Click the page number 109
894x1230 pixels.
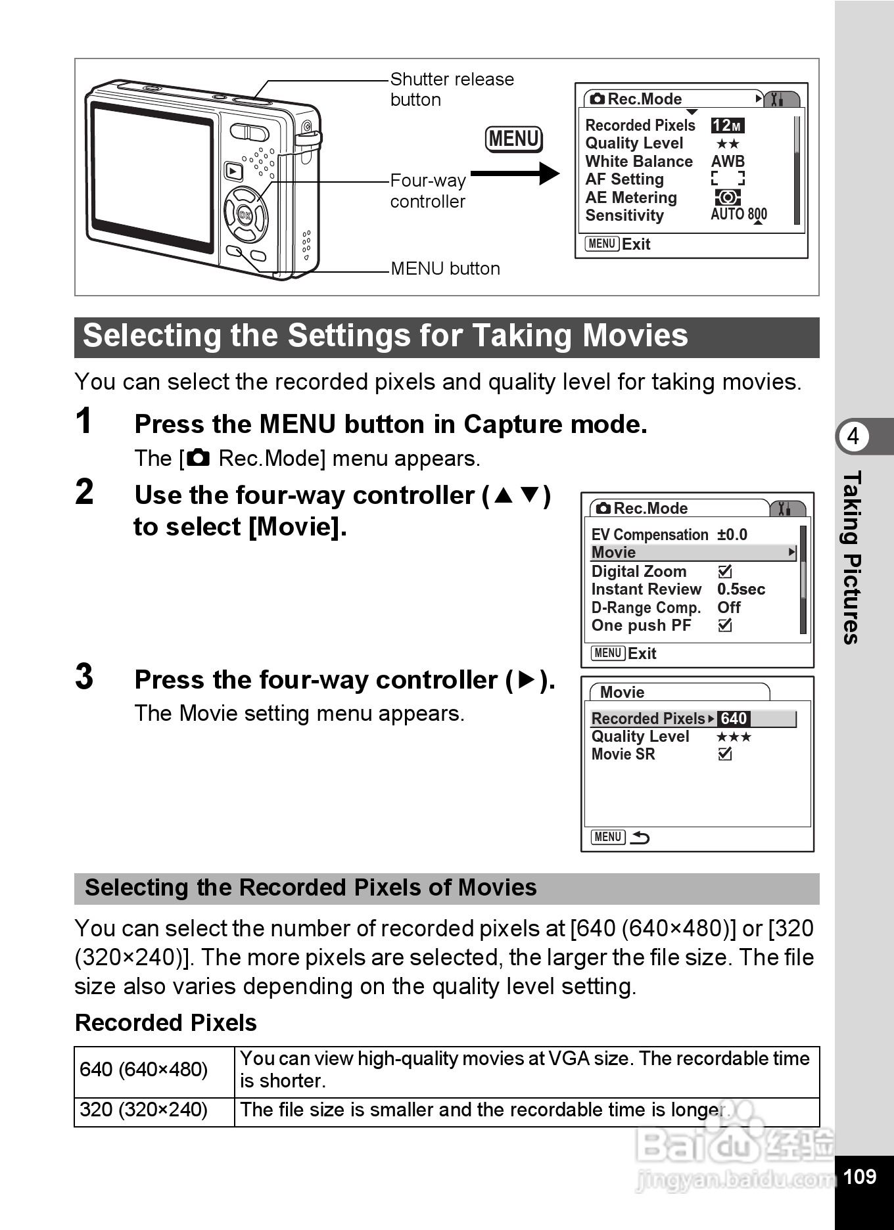click(859, 1176)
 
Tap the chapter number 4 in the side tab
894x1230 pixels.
click(853, 436)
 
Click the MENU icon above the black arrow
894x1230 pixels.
click(514, 139)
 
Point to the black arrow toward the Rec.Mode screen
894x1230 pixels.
click(515, 173)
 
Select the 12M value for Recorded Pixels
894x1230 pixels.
click(727, 125)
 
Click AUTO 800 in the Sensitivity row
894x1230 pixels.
click(739, 214)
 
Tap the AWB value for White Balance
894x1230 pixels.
click(728, 162)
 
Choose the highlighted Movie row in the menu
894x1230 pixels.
click(693, 553)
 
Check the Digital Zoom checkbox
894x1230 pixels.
click(725, 572)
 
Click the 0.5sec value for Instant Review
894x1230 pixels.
click(741, 589)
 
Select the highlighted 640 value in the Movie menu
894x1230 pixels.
click(734, 719)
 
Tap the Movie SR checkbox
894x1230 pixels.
click(725, 754)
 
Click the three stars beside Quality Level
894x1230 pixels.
click(734, 737)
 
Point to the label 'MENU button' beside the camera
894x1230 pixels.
click(445, 269)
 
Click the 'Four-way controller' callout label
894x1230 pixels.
click(428, 191)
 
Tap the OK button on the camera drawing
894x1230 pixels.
click(245, 215)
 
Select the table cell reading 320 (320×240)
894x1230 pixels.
click(144, 1110)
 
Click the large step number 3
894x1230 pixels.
click(84, 677)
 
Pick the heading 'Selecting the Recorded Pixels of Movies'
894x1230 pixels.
click(311, 888)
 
